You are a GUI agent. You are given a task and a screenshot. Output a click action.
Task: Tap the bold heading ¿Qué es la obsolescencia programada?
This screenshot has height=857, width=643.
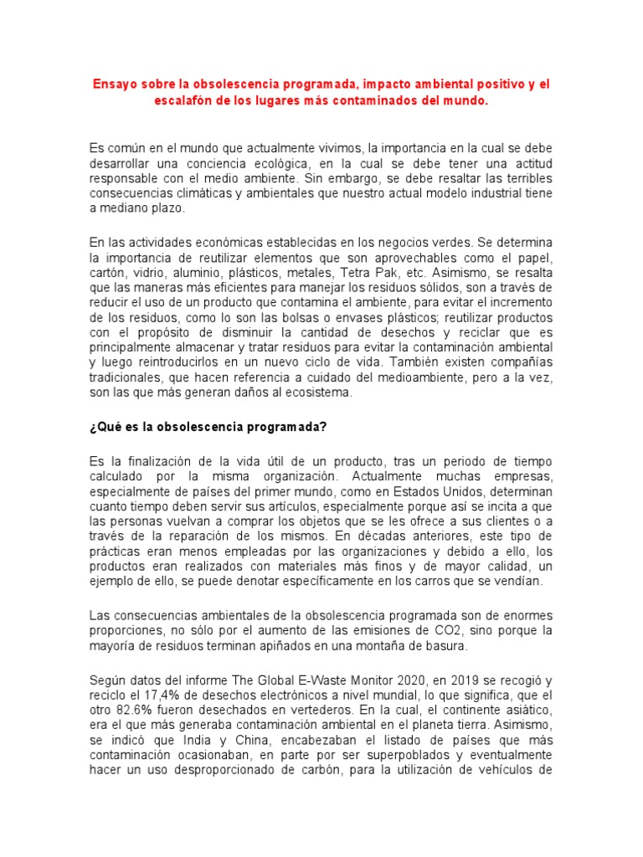coord(207,426)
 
